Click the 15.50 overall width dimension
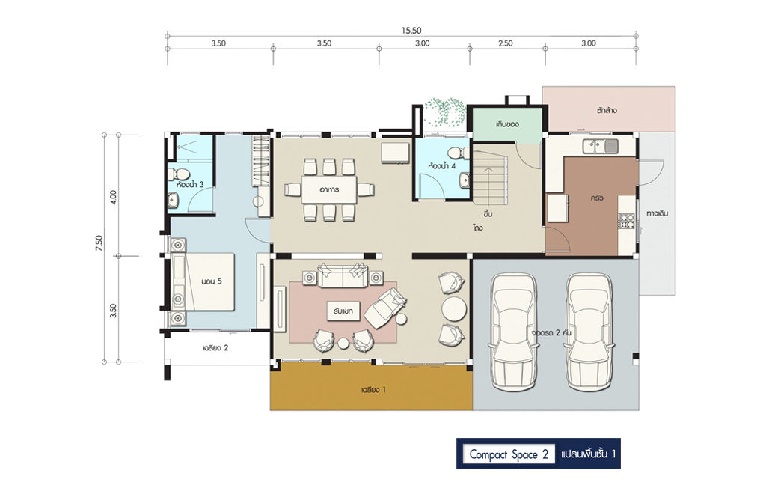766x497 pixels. (x=411, y=30)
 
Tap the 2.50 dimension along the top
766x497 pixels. (x=506, y=43)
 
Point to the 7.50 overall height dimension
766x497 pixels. (x=99, y=243)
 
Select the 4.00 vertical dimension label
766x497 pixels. (x=114, y=197)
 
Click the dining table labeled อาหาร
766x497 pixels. (x=329, y=189)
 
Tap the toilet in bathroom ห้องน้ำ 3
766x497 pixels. (x=180, y=174)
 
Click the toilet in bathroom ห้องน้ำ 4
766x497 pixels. (x=459, y=153)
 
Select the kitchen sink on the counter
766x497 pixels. (x=601, y=146)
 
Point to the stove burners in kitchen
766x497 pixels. (x=626, y=222)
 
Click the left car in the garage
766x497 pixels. (x=513, y=332)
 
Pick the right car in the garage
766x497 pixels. (x=589, y=332)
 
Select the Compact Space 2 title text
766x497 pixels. (x=509, y=454)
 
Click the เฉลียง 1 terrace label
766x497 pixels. (x=374, y=390)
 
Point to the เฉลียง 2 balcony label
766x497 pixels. (x=215, y=348)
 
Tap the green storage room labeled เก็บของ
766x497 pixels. (x=507, y=125)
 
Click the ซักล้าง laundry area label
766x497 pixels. (x=606, y=111)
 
